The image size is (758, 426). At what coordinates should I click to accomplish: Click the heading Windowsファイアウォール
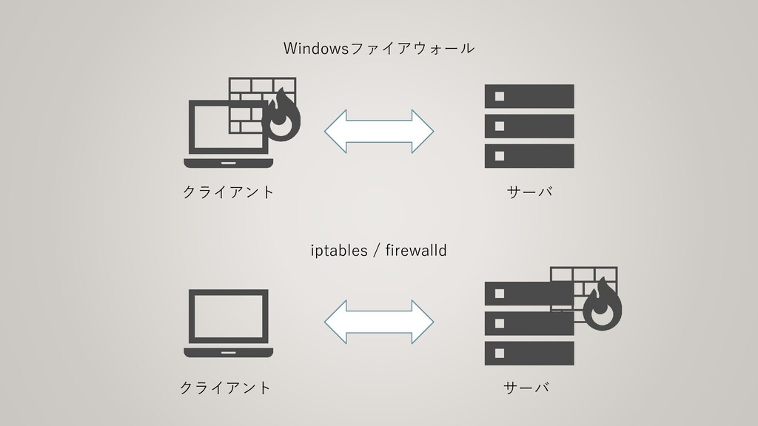click(379, 49)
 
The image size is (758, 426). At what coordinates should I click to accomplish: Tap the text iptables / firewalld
click(378, 251)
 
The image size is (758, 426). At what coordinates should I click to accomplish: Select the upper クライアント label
click(228, 192)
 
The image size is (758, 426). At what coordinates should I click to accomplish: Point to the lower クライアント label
click(226, 388)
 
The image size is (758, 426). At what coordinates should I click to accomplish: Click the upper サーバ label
click(530, 192)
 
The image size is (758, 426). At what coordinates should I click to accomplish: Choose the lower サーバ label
click(527, 388)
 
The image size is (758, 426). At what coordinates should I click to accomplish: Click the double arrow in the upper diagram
click(379, 132)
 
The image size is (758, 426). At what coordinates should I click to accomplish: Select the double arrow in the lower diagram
click(379, 322)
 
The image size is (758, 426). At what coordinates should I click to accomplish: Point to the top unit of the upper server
click(529, 97)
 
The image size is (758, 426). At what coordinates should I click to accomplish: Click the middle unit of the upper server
click(529, 126)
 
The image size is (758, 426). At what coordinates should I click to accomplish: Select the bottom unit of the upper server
click(529, 156)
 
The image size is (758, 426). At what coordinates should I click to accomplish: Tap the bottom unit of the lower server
click(529, 354)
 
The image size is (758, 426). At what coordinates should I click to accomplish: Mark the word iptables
click(338, 251)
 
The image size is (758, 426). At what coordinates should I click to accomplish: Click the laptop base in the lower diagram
click(229, 351)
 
